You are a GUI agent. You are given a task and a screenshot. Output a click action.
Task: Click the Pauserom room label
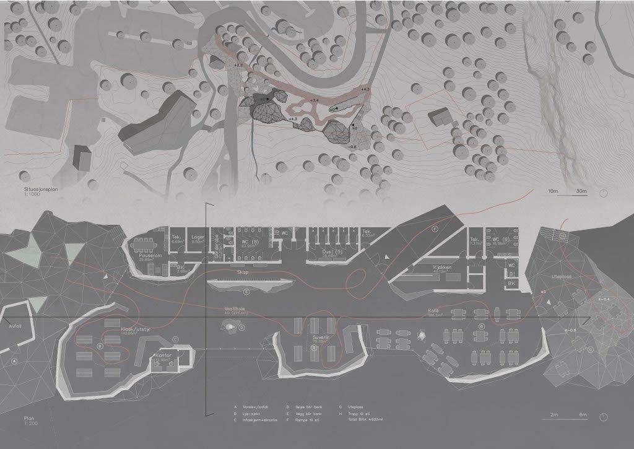click(x=146, y=254)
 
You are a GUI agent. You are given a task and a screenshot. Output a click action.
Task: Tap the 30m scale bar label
click(x=581, y=191)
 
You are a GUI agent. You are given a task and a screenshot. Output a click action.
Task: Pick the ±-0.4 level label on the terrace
click(x=604, y=299)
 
